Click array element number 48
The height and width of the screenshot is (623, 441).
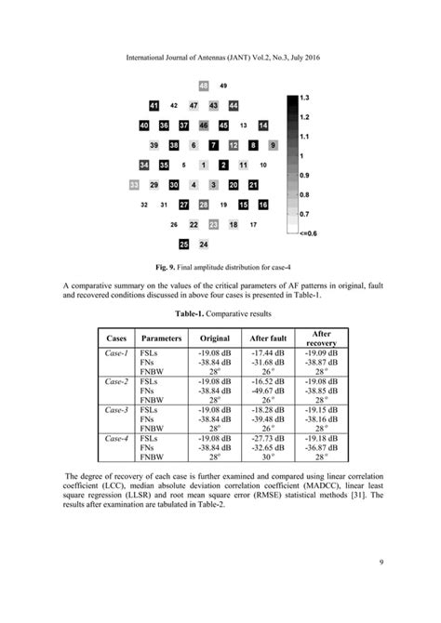pyautogui.click(x=204, y=86)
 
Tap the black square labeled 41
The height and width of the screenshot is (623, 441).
pyautogui.click(x=154, y=106)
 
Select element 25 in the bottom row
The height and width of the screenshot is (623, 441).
pyautogui.click(x=184, y=245)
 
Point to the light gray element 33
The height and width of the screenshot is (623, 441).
pyautogui.click(x=134, y=185)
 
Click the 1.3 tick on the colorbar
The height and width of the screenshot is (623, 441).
pyautogui.click(x=304, y=97)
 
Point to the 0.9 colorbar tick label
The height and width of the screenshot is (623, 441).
pyautogui.click(x=304, y=175)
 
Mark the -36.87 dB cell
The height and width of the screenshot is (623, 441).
pyautogui.click(x=321, y=446)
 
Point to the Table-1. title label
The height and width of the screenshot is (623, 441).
pyautogui.click(x=194, y=314)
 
